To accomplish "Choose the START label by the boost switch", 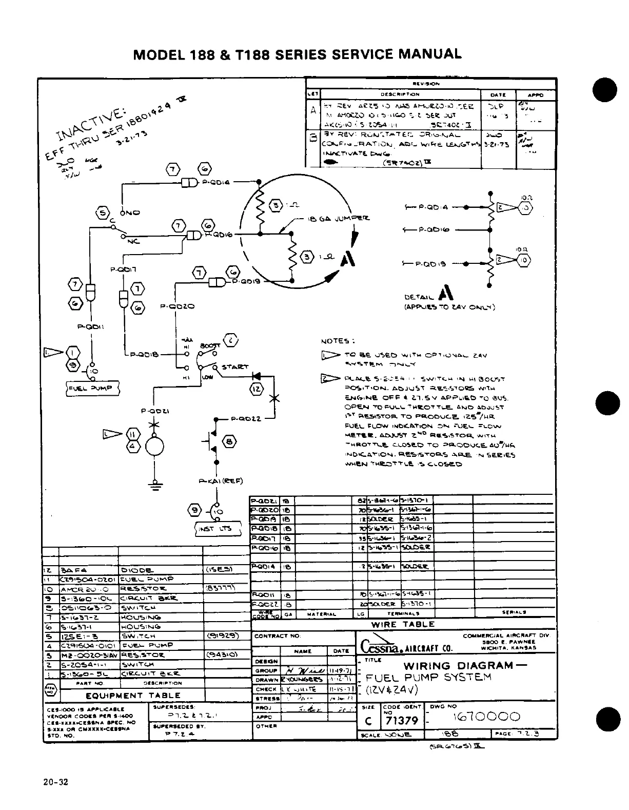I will pyautogui.click(x=235, y=367).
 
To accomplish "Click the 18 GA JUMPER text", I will pyautogui.click(x=338, y=219).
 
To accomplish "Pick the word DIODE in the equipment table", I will pyautogui.click(x=136, y=570).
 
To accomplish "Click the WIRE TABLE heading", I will pyautogui.click(x=403, y=625).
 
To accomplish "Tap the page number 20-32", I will pyautogui.click(x=56, y=783).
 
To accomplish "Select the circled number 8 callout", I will pyautogui.click(x=229, y=441).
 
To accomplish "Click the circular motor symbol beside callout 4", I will pyautogui.click(x=154, y=446).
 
